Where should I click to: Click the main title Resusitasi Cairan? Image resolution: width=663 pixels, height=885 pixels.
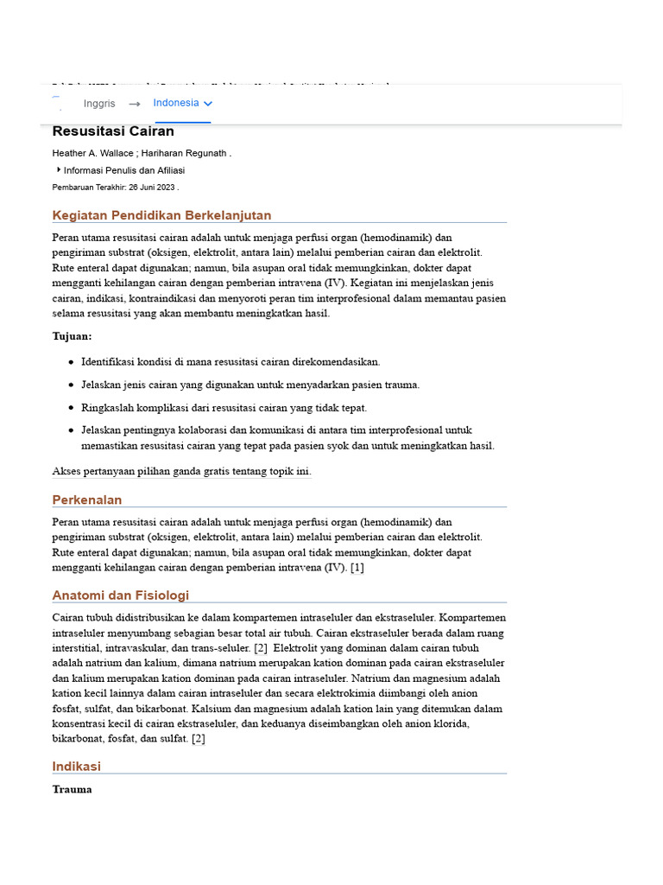coord(113,131)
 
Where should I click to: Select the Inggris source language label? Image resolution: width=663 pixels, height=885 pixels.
coord(99,104)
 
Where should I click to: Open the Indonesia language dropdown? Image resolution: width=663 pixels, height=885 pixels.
coord(182,103)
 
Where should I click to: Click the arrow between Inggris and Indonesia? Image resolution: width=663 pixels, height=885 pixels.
coord(135,104)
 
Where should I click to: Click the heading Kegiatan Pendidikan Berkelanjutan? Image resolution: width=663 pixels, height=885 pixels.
coord(161,215)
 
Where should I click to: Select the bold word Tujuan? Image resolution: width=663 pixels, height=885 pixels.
coord(72,336)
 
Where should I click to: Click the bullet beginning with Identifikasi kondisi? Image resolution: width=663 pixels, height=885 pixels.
coord(230,362)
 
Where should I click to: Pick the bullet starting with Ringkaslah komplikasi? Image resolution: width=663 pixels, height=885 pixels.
coord(224,407)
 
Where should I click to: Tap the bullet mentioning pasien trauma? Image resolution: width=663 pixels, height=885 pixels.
coord(250,385)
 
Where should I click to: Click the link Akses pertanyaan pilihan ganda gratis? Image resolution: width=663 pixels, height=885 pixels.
coord(181,472)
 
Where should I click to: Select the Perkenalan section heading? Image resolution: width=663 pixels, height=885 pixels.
coord(87,500)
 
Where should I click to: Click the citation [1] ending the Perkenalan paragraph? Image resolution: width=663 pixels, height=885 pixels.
coord(357,568)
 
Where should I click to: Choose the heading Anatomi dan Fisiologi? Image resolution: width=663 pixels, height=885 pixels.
coord(120,595)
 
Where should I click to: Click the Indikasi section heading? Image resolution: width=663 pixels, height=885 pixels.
coord(76,766)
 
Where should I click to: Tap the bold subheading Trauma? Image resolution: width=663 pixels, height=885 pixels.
coord(72,789)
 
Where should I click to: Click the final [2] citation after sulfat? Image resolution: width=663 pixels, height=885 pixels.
coord(198,739)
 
